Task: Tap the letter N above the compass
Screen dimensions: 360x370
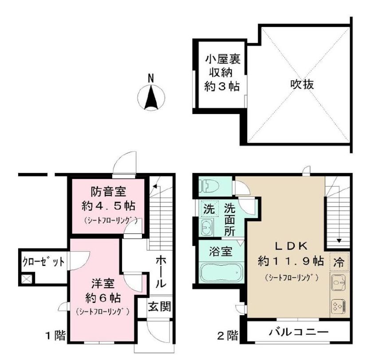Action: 151,78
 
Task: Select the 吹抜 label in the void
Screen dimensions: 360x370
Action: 303,84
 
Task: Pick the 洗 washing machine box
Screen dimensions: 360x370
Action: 208,209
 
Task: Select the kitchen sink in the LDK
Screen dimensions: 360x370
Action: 339,282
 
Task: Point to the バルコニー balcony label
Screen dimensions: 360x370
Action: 299,332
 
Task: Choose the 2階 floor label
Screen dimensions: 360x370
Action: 227,336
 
